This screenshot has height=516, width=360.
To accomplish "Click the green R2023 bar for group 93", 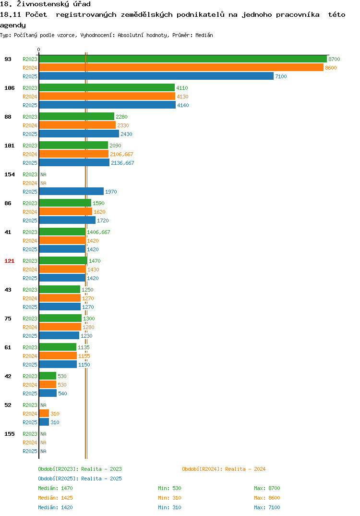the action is pyautogui.click(x=183, y=59).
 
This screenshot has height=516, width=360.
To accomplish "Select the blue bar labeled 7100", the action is pyautogui.click(x=156, y=76).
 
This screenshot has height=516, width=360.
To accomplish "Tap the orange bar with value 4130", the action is pyautogui.click(x=107, y=97).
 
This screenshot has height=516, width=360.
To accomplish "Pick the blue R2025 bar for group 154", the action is pyautogui.click(x=72, y=192).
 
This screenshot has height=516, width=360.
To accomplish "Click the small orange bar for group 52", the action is pyautogui.click(x=44, y=414).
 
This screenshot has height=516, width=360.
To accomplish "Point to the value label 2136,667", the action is pyautogui.click(x=122, y=163).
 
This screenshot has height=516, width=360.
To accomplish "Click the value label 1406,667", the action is pyautogui.click(x=98, y=232).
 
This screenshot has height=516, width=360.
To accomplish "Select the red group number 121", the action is pyautogui.click(x=10, y=261).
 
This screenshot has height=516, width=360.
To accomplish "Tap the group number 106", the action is pyautogui.click(x=10, y=88).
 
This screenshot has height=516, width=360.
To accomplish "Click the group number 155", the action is pyautogui.click(x=10, y=434).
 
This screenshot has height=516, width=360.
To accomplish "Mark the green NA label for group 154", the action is pyautogui.click(x=43, y=174).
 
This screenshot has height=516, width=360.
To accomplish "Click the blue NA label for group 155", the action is pyautogui.click(x=43, y=451).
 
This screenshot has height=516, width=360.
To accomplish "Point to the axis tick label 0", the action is pyautogui.click(x=38, y=49).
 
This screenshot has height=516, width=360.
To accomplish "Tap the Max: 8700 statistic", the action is pyautogui.click(x=267, y=488).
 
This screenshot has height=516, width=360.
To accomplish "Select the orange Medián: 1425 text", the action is pyautogui.click(x=55, y=498).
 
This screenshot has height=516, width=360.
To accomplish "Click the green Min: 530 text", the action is pyautogui.click(x=169, y=488).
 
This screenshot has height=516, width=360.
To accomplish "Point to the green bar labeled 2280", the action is pyautogui.click(x=77, y=116).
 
